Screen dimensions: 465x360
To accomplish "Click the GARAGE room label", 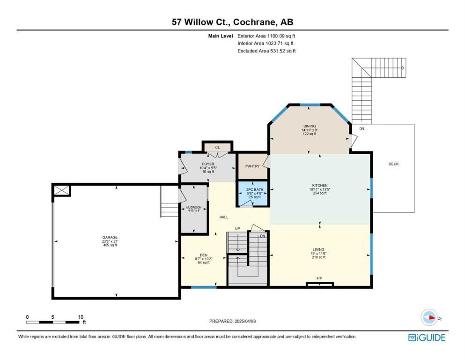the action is click(x=110, y=238).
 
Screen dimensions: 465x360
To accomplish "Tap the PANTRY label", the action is click(x=252, y=166).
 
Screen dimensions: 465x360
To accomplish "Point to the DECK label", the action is click(x=393, y=164).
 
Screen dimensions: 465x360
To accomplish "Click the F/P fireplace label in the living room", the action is click(x=319, y=278).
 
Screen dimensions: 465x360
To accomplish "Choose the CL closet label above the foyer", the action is click(x=217, y=147).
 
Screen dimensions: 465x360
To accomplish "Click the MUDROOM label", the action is click(x=194, y=208).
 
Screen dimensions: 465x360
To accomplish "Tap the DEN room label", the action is click(x=204, y=255).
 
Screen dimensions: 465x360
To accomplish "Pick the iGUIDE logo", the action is click(x=427, y=338).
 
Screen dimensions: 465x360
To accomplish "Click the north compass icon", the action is click(x=429, y=317).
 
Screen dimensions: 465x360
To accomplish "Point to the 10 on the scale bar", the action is click(x=81, y=317).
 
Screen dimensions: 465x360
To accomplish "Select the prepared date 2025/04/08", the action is click(x=245, y=321).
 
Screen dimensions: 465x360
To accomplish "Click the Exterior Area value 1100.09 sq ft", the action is click(x=281, y=36).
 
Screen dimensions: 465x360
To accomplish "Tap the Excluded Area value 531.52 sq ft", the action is click(x=283, y=51).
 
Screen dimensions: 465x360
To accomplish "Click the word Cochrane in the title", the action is click(x=254, y=22).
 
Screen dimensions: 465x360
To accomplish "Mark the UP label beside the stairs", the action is click(x=237, y=229).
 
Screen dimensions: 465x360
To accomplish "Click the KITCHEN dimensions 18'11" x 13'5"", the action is click(x=320, y=189).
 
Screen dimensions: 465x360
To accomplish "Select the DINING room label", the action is click(x=310, y=126).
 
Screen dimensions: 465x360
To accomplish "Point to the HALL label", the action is click(x=224, y=217).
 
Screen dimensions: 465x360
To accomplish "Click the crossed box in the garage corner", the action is click(x=62, y=190).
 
